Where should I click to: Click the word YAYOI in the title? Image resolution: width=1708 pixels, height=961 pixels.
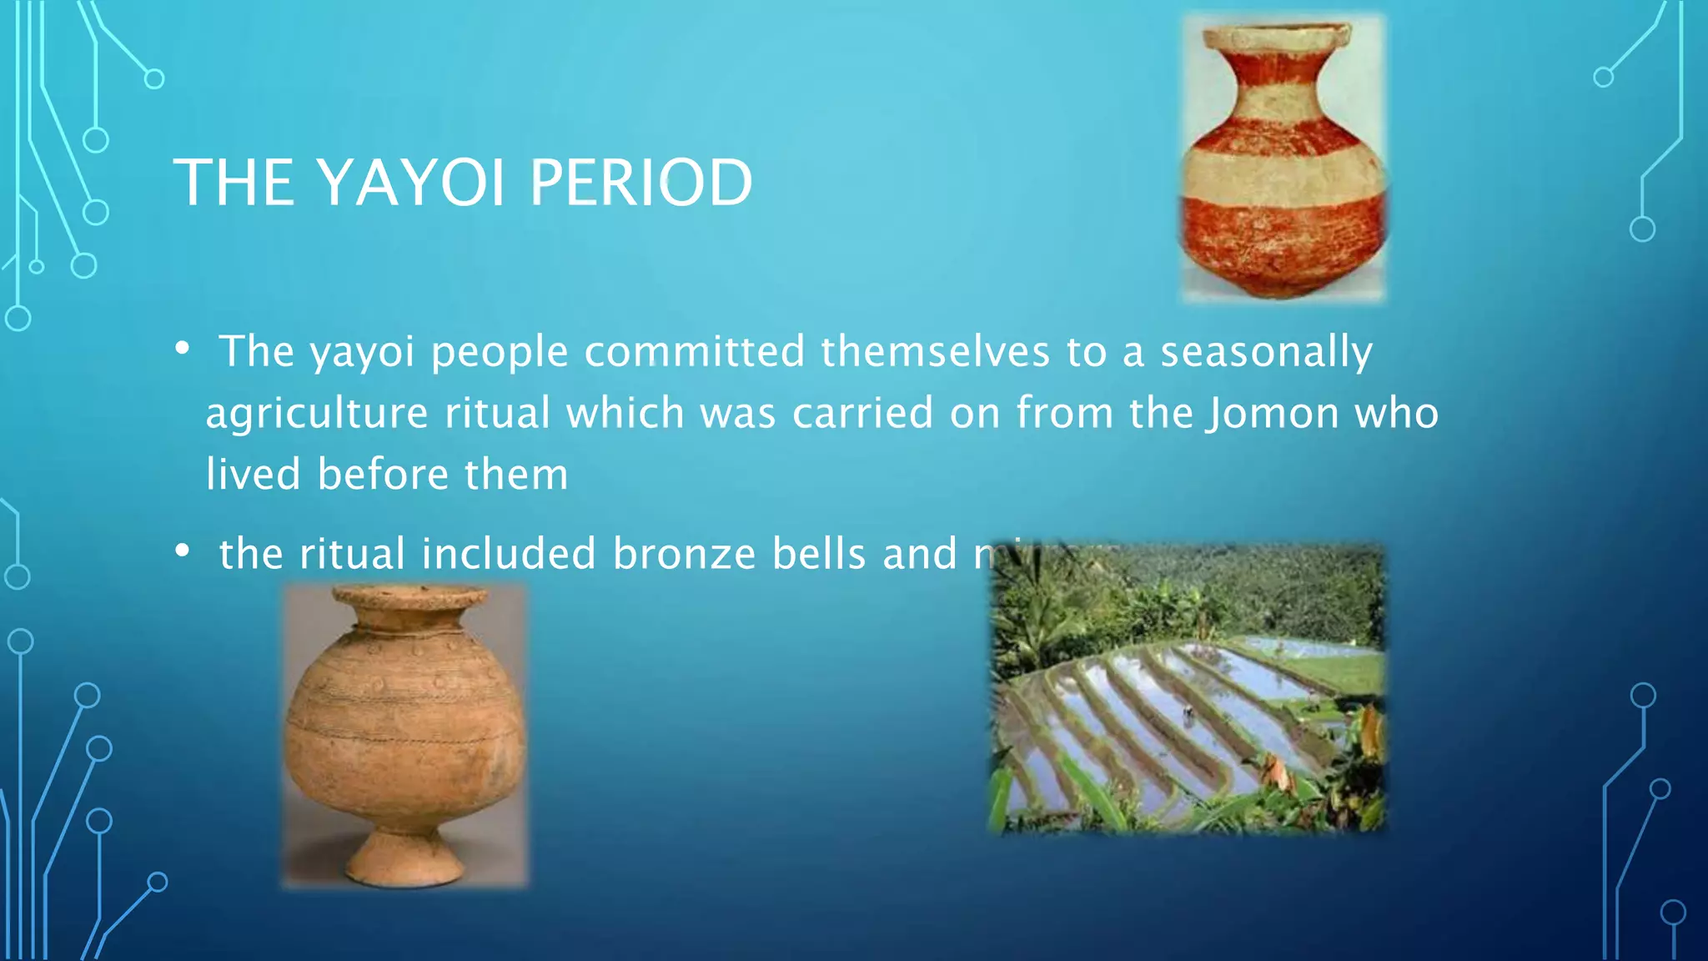[411, 184]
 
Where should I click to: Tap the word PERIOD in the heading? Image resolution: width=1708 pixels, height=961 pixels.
[640, 184]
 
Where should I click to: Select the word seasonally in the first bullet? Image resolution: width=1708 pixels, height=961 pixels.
[1266, 351]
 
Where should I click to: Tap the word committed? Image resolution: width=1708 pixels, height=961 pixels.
[694, 351]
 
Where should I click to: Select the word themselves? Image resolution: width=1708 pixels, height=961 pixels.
[935, 351]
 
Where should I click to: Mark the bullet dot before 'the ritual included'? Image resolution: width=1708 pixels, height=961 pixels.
[183, 551]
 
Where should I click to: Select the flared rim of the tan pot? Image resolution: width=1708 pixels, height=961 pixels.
[409, 597]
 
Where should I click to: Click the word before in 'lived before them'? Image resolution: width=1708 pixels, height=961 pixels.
[383, 475]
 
